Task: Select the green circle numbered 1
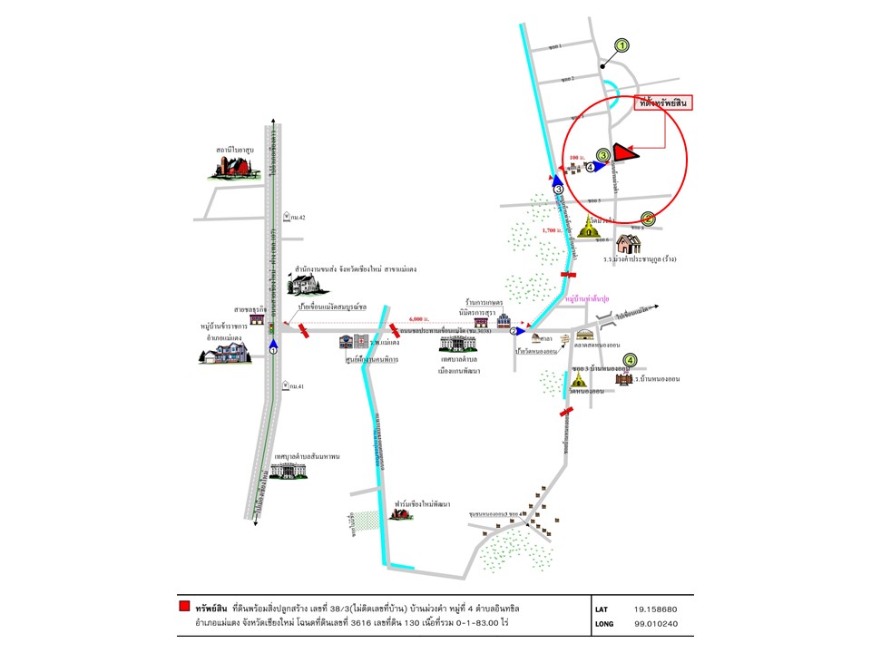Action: [621, 44]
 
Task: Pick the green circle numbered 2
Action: [648, 219]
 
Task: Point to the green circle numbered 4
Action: [630, 360]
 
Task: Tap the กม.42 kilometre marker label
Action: [296, 217]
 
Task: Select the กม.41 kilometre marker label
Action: [294, 386]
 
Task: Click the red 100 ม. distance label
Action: [574, 157]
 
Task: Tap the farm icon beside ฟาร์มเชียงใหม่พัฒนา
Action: [397, 512]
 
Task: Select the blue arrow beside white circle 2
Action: [521, 331]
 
